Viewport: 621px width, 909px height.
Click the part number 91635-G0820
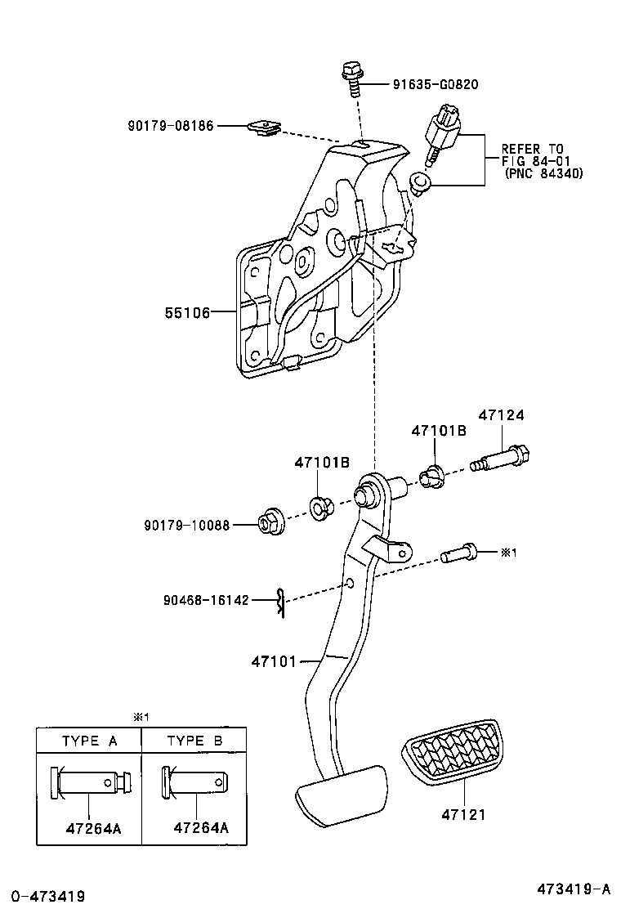tap(436, 84)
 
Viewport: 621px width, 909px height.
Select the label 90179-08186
tap(170, 126)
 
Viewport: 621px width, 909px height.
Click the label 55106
tap(188, 312)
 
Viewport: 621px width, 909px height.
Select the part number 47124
tap(501, 415)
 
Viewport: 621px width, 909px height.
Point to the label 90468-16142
tap(205, 600)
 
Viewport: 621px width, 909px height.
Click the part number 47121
tap(463, 814)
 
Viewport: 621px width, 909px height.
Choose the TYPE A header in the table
tap(90, 741)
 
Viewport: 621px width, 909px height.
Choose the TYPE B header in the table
tap(194, 741)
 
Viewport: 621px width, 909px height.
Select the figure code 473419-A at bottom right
tap(574, 889)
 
